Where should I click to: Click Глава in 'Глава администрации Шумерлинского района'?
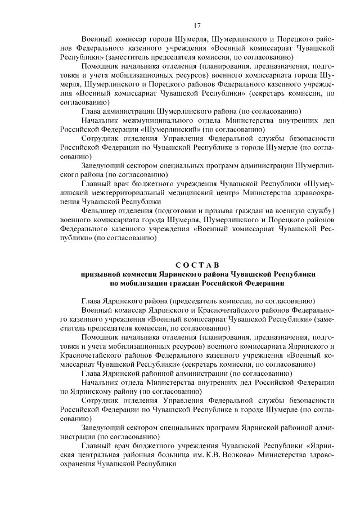[x=92, y=111]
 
